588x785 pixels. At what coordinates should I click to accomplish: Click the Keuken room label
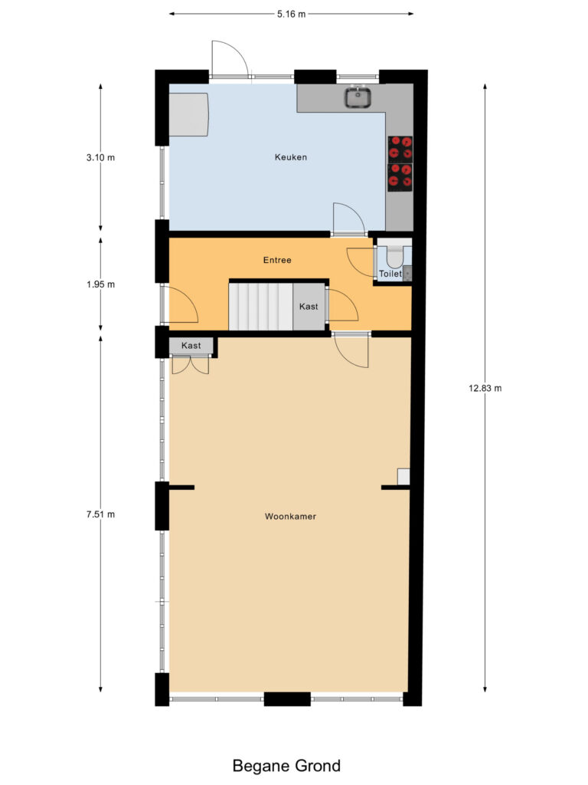pos(291,158)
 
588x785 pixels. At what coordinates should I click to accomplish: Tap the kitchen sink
pos(358,97)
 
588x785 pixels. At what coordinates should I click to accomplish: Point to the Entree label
pos(277,261)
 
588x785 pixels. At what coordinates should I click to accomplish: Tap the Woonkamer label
pos(290,517)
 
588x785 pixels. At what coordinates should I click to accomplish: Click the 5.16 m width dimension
pos(291,14)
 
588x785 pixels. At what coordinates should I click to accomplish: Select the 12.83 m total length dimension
pos(485,388)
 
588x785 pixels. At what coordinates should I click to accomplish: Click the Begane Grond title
pos(286,765)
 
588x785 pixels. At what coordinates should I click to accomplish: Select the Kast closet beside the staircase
pos(309,307)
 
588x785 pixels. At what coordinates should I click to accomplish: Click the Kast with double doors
pos(191,347)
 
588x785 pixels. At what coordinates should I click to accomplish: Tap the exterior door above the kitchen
pos(229,60)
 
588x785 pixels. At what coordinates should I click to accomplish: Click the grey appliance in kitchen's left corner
pos(188,115)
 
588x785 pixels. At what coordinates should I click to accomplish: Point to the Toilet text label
pos(390,273)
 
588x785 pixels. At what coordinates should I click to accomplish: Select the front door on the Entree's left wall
pos(181,305)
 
